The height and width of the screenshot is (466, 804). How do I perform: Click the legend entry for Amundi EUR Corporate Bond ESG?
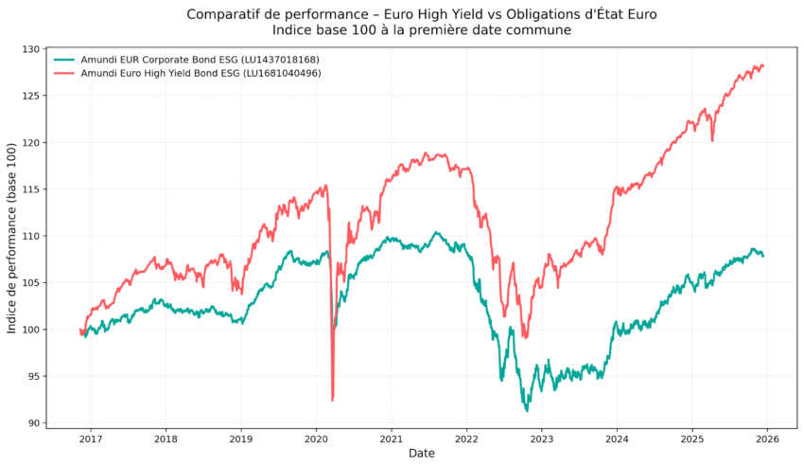click(200, 60)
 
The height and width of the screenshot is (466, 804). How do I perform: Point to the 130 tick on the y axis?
click(33, 49)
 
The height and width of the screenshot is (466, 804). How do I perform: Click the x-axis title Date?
click(422, 454)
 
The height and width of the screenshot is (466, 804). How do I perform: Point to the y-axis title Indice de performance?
click(12, 237)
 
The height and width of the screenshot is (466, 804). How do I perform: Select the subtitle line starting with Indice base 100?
click(422, 30)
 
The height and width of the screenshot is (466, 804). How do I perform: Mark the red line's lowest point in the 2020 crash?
click(332, 400)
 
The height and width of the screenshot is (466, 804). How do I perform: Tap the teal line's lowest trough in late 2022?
click(527, 410)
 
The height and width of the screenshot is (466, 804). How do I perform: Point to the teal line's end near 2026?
click(763, 255)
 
